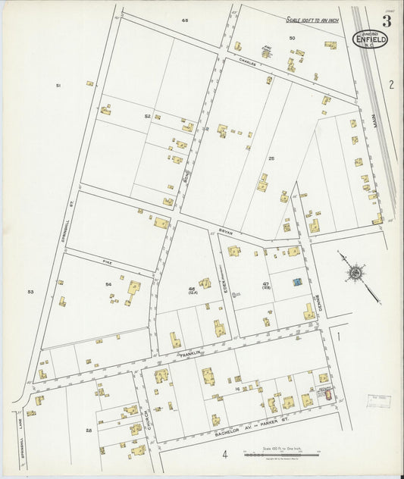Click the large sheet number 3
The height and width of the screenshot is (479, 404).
pos(387,18)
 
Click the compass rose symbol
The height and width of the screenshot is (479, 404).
pos(354,272)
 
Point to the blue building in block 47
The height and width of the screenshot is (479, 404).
pos(296,282)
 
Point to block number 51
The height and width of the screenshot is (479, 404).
pos(58,86)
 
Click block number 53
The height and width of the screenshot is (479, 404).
pos(31,291)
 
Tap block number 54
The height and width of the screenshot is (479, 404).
pos(109,284)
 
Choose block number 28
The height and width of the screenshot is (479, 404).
pos(89,430)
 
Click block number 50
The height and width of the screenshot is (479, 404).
pos(292,37)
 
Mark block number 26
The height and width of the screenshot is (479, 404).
pos(271,158)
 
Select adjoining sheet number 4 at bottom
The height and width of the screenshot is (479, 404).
pos(225,455)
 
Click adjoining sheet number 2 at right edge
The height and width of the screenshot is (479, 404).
pos(391,84)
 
